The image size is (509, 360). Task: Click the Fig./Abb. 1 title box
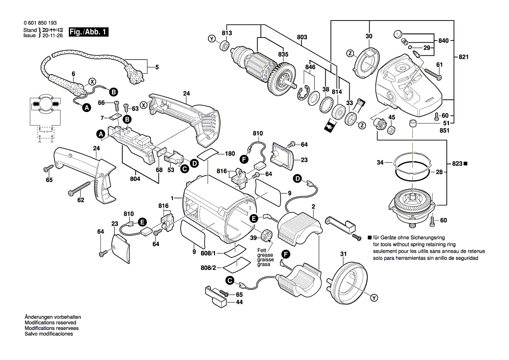(x=87, y=32)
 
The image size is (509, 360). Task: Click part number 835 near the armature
(x=283, y=54)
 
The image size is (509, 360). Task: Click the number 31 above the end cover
(x=343, y=254)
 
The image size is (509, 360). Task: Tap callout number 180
(x=230, y=153)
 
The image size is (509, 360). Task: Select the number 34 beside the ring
(x=380, y=163)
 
